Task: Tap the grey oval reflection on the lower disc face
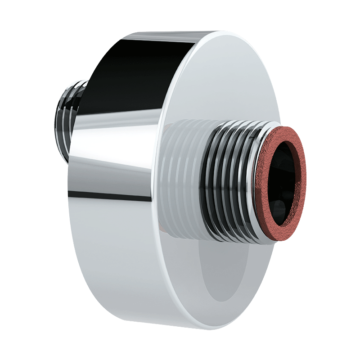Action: (225, 279)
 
